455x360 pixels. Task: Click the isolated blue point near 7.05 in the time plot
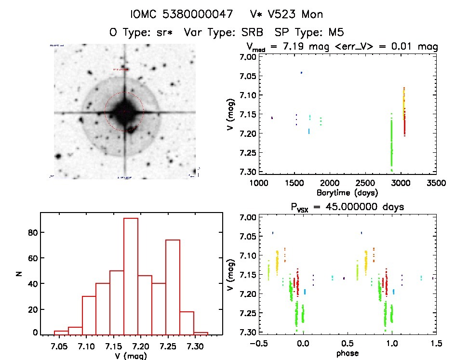click(301, 73)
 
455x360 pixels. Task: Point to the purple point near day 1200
click(272, 118)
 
